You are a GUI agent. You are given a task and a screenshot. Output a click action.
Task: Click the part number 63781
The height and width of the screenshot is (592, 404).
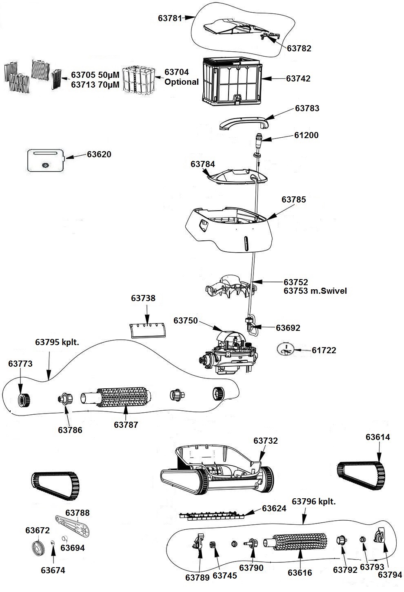click(170, 18)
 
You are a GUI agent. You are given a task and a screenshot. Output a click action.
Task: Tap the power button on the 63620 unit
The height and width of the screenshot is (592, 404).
click(46, 165)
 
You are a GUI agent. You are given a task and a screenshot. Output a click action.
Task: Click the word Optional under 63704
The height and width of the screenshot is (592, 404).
click(182, 82)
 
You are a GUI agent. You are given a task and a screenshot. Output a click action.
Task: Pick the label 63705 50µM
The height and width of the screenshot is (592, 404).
click(95, 75)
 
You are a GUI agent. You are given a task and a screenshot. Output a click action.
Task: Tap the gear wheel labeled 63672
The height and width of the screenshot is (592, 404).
click(38, 547)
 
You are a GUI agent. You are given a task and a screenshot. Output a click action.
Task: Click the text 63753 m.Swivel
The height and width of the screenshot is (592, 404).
click(315, 291)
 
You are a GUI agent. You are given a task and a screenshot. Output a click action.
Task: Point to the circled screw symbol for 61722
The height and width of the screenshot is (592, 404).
click(285, 350)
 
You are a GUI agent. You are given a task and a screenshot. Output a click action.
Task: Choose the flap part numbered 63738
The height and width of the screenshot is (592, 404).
click(148, 330)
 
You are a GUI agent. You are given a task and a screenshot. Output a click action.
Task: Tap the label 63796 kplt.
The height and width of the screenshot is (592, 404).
click(314, 502)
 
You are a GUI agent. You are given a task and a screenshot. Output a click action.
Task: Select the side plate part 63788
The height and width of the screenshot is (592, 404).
click(73, 526)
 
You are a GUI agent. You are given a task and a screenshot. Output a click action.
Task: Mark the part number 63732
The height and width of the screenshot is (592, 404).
click(266, 441)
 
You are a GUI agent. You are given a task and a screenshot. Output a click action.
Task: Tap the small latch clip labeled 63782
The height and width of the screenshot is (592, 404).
click(270, 36)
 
